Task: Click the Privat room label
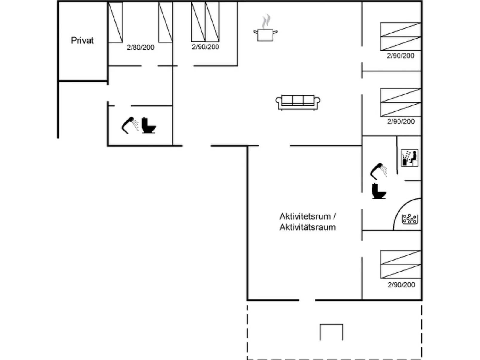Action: pos(82,40)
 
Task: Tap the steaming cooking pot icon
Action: pos(265,28)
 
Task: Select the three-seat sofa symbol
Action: pos(298,102)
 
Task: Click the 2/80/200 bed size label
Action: pos(140,47)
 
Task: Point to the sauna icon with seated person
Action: pos(409,158)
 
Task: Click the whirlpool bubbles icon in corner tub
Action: pos(410,219)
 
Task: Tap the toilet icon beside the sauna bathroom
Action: pos(379,191)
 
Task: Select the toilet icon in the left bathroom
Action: pos(149,125)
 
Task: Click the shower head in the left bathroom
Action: pos(130,125)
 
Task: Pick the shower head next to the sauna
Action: pos(379,171)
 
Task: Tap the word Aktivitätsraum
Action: pos(308,227)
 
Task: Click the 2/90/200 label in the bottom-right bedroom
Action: pos(401,285)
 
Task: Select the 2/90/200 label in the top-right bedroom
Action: pos(400,56)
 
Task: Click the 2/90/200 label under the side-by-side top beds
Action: pos(205,47)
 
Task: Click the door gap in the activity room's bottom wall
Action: pos(307,300)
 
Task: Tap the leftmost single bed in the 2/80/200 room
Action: pos(115,22)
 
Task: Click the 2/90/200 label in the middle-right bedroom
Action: pos(401,121)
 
